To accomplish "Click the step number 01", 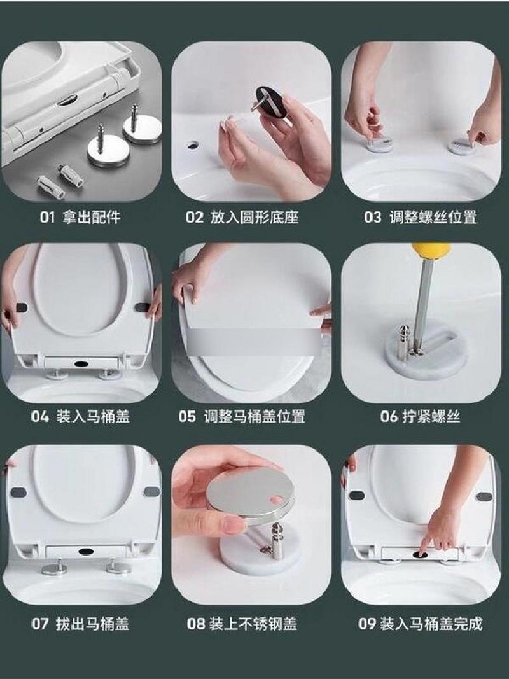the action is (48, 217).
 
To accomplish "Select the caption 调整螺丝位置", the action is (433, 217).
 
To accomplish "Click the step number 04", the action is (40, 417).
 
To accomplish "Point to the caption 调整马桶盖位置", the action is (254, 417).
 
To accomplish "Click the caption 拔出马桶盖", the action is (92, 624).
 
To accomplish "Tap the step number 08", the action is (195, 624).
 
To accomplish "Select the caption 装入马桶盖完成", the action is (431, 624).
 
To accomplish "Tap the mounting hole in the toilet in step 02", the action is (193, 144).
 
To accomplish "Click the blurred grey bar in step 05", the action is (254, 342).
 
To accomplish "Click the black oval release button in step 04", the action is (82, 363).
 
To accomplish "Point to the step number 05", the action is (188, 417).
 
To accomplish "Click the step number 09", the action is (367, 624).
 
